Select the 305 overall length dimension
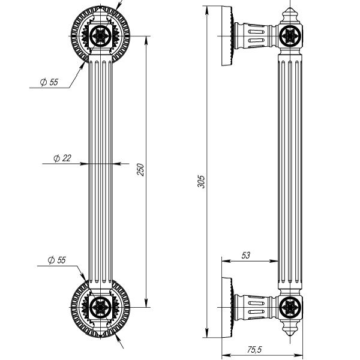point(202,181)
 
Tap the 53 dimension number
point(245,255)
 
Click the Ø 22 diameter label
point(62,158)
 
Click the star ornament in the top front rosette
point(100,34)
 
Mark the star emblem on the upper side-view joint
point(291,37)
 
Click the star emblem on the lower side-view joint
point(291,308)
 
